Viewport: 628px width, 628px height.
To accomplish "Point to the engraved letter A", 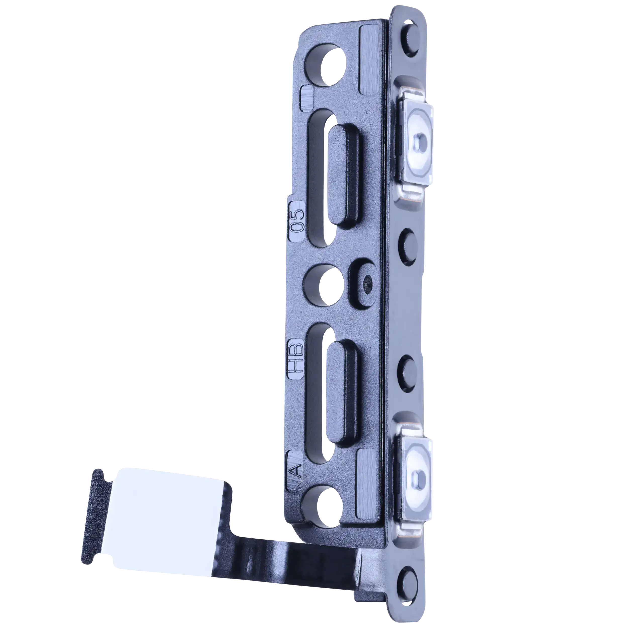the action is click(x=296, y=471).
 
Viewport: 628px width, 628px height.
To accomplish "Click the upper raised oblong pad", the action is click(x=344, y=176).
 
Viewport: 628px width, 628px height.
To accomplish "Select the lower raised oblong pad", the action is click(x=342, y=391).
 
